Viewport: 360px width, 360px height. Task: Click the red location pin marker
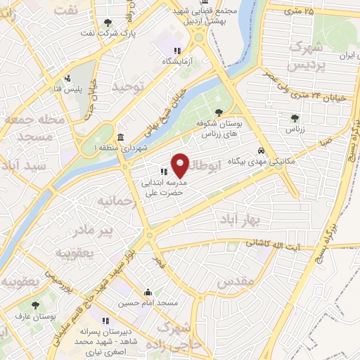181,165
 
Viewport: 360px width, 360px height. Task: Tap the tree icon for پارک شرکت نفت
107,22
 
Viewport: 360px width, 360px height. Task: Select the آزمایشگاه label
178,62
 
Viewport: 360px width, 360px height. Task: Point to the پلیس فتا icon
67,78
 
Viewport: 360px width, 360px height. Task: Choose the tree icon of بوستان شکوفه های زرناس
219,112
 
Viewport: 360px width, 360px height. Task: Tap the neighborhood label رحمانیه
114,202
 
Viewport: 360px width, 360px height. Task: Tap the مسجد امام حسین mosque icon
148,292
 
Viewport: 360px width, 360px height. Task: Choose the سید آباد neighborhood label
23,166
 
